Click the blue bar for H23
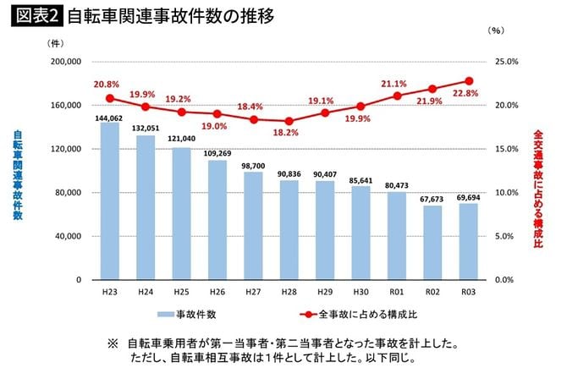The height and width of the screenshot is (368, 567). click(x=109, y=201)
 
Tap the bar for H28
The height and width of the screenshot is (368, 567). click(x=289, y=229)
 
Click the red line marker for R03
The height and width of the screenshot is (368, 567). click(x=469, y=81)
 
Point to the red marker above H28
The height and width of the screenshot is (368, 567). click(x=289, y=121)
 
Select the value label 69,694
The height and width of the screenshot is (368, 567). click(x=469, y=196)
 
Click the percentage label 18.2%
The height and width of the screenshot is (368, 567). click(x=288, y=133)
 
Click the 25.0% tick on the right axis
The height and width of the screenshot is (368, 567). click(x=504, y=62)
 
